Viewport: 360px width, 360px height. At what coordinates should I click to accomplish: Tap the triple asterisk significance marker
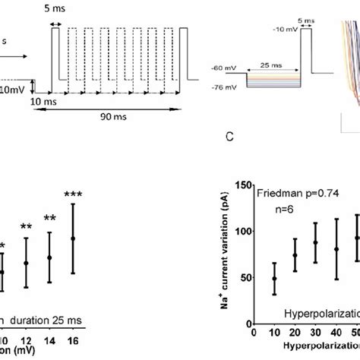pyautogui.click(x=73, y=195)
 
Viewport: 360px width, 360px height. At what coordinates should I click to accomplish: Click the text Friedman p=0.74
pyautogui.click(x=292, y=194)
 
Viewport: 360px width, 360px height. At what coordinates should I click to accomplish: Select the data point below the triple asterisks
pyautogui.click(x=73, y=239)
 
